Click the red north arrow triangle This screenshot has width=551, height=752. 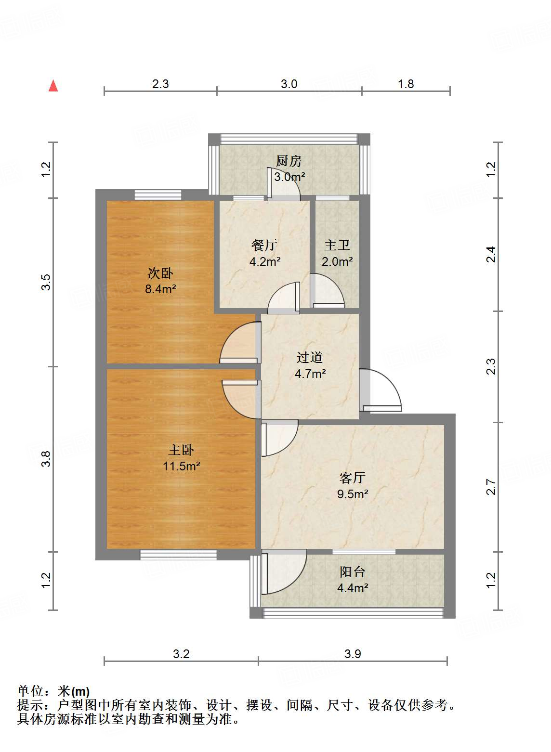53,86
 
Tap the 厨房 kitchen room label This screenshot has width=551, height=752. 289,161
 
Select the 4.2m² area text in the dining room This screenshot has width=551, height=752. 265,262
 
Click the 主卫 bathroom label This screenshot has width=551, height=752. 337,246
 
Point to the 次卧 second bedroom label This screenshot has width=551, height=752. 160,273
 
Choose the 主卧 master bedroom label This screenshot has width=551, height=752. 181,450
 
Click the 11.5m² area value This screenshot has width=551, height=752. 181,466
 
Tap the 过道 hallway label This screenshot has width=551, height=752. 310,357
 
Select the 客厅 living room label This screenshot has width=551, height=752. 353,478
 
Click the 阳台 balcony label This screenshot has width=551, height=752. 353,572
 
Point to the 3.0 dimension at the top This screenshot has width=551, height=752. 289,84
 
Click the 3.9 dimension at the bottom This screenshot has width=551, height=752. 353,654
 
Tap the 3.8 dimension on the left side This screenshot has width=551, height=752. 46,459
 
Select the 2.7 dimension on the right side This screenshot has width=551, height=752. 491,487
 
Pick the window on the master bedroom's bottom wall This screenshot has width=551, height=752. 178,555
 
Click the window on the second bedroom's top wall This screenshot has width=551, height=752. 157,194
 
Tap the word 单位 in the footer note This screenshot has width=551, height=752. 30,691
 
